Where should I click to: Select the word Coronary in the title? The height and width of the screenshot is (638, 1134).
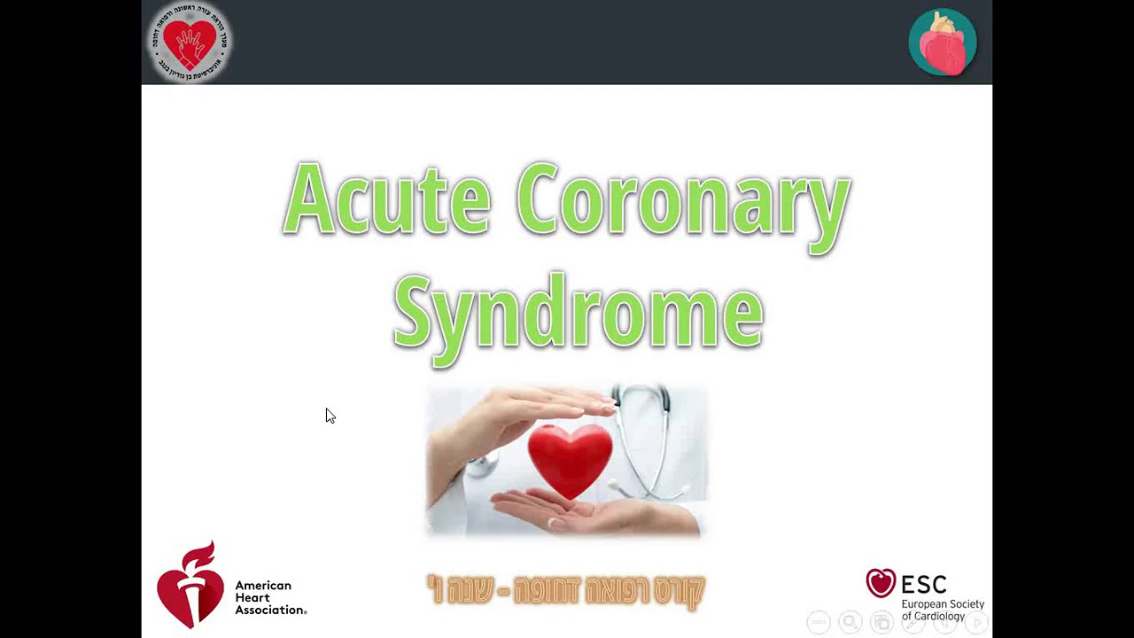coord(683,202)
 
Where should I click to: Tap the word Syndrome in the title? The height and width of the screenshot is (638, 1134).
coord(578,312)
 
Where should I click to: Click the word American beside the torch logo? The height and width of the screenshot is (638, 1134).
coord(263,586)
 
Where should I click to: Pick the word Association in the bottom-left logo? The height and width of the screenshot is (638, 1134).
coord(270,610)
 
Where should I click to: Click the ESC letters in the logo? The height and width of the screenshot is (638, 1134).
coord(924,584)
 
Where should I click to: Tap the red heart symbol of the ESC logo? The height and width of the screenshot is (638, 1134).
coord(881,583)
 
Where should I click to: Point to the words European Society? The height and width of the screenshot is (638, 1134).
coord(943,604)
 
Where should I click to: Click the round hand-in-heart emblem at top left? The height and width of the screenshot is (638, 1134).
coord(189,42)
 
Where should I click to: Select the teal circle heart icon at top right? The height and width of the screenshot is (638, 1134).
coord(943,42)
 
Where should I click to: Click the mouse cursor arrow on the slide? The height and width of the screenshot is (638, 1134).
coord(330,416)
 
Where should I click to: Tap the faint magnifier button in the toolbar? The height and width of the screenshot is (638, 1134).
coord(850,622)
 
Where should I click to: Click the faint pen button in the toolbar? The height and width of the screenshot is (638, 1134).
coord(913,622)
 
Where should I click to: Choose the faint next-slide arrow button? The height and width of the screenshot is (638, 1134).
coord(976,622)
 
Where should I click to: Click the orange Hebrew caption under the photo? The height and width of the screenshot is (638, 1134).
coord(566,590)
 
